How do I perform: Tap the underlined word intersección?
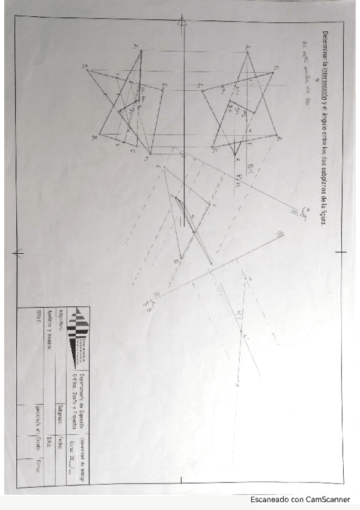pyautogui.click(x=325, y=81)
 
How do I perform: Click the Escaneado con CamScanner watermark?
pyautogui.click(x=301, y=499)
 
